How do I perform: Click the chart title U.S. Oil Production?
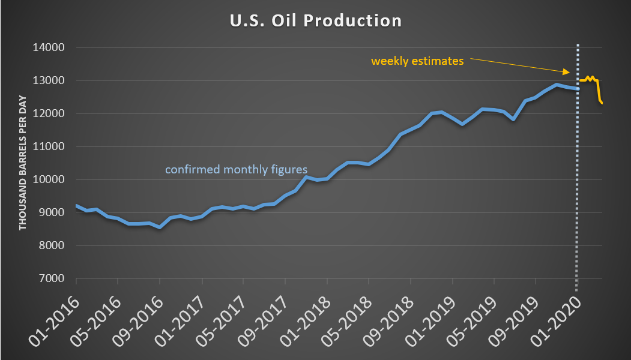coord(315,20)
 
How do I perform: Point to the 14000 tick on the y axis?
coord(52,47)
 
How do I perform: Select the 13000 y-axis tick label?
coord(52,80)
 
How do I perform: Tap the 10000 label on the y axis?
coord(52,179)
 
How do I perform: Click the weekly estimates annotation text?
coord(417,61)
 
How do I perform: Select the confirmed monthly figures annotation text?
coord(236,169)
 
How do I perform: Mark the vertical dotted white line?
coord(578,180)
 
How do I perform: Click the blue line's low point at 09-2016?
coord(160,227)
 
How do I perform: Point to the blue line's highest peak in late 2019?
coord(557,85)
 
